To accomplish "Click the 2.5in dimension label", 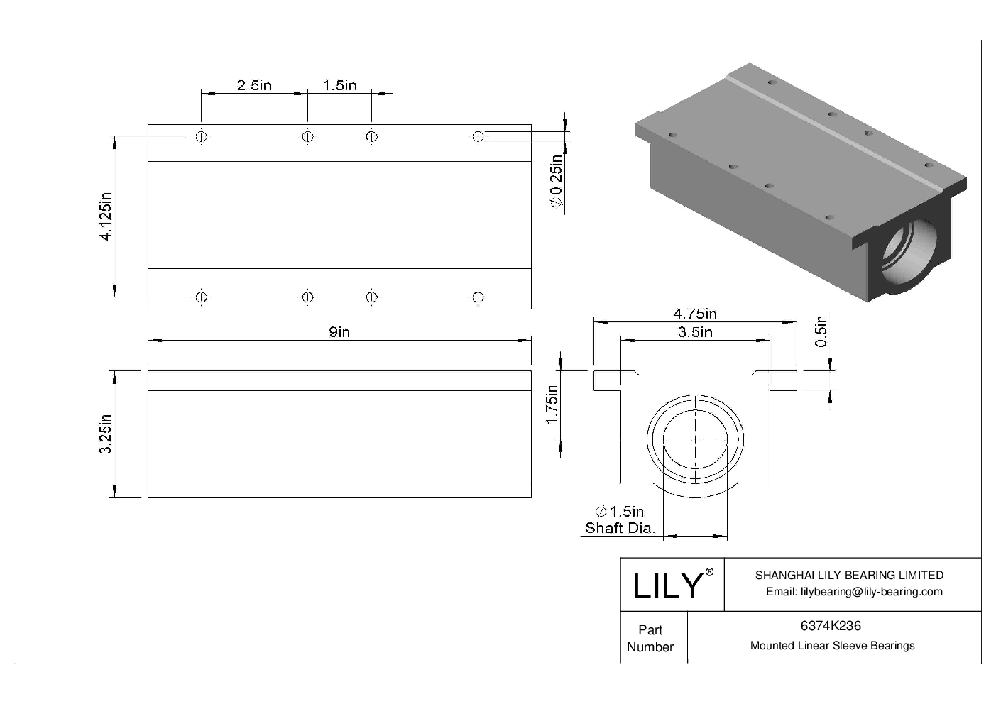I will point(254,85).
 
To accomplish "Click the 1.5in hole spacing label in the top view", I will point(339,85).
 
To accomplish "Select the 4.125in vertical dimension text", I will point(106,216).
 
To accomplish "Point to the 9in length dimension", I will point(339,332).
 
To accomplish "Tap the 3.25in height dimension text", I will point(106,434).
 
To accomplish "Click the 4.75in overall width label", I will point(694,314).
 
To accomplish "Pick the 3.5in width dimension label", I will point(694,332).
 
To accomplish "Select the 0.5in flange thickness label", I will point(821,331).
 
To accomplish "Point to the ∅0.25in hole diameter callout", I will point(557,182).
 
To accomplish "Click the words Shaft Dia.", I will point(620,527).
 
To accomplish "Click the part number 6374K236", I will point(831,626).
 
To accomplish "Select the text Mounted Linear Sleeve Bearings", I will point(832,646).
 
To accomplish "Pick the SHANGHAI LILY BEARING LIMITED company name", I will point(849,576).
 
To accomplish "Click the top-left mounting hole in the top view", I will point(201,136).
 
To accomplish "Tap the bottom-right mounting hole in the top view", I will point(478,297).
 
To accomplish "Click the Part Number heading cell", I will point(650,638).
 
